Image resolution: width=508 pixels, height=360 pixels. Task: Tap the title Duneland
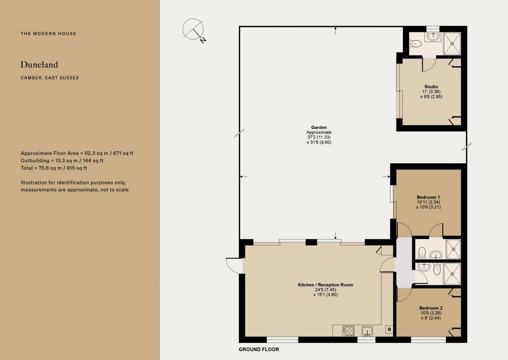click(39, 65)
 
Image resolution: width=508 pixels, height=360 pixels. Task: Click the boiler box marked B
click(389, 329)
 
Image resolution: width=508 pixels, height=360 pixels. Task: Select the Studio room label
click(431, 87)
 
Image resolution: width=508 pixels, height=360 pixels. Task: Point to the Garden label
click(318, 127)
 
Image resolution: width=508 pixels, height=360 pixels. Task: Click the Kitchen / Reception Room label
click(325, 285)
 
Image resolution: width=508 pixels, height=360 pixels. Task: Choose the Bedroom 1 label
click(428, 197)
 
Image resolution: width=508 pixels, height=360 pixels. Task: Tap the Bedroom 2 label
click(431, 308)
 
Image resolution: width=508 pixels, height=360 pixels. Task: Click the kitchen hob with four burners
click(348, 331)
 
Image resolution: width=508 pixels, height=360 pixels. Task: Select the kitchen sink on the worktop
click(367, 331)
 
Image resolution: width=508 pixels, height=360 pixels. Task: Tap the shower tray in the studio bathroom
click(452, 44)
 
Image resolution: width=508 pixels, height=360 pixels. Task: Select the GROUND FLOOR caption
click(259, 349)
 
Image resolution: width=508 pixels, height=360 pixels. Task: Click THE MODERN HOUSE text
click(48, 33)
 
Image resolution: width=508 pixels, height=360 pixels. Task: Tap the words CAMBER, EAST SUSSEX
click(50, 78)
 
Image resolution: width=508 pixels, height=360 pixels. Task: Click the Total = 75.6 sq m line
click(54, 168)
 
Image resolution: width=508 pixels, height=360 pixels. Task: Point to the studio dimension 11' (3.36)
click(431, 92)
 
